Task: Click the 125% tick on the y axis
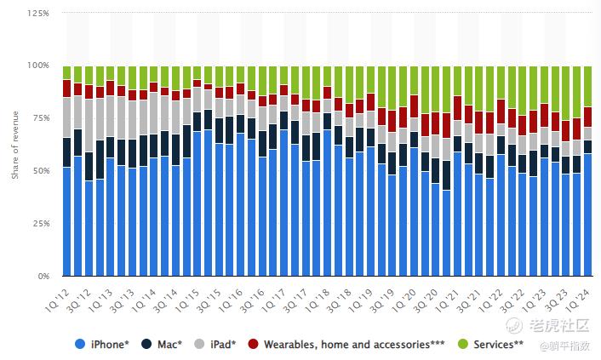pos(39,14)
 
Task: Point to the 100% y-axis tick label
pos(39,66)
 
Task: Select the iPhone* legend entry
pos(109,344)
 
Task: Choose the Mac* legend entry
pos(170,344)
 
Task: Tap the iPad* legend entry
pos(225,344)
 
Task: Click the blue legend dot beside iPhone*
pos(80,344)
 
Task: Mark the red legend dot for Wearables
pos(253,344)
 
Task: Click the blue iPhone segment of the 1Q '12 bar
pos(66,221)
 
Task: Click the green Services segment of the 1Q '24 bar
pos(587,86)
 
